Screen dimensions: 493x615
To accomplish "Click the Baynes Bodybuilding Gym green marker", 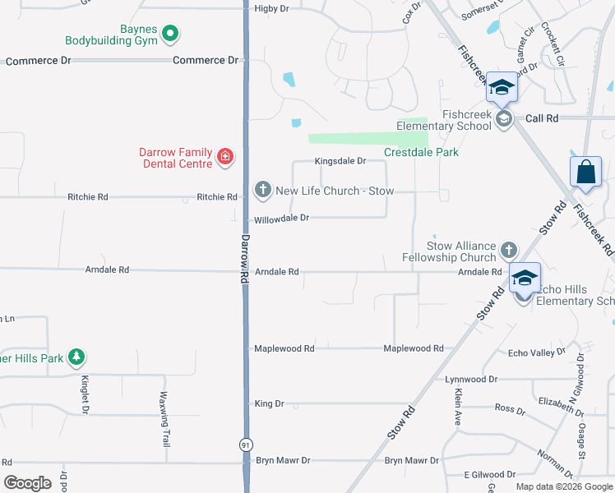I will click(171, 34).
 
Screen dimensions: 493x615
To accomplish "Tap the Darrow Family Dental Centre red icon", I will click(224, 156).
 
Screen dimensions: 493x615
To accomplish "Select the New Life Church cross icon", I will click(262, 191).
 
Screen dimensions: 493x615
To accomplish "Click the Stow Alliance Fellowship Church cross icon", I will click(509, 250).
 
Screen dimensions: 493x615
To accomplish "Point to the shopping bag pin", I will click(585, 173).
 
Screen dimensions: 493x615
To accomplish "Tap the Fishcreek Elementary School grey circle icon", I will click(503, 119).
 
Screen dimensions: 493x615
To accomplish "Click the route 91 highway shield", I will click(245, 445).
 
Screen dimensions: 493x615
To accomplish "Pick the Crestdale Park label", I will click(421, 152).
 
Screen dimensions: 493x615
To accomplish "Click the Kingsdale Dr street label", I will click(340, 162).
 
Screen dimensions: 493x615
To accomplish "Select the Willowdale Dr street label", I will click(281, 219).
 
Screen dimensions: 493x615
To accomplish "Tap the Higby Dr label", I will click(272, 8).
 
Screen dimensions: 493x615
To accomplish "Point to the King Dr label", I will click(269, 404).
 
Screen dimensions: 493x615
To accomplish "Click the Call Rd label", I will click(542, 118).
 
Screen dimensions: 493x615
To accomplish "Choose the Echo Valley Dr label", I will click(537, 352).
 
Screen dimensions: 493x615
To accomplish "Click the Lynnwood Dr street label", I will click(471, 380).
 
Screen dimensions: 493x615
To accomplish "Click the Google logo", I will click(28, 483).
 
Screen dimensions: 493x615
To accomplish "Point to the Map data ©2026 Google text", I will click(563, 486).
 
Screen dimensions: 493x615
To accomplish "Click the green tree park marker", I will click(76, 357).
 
